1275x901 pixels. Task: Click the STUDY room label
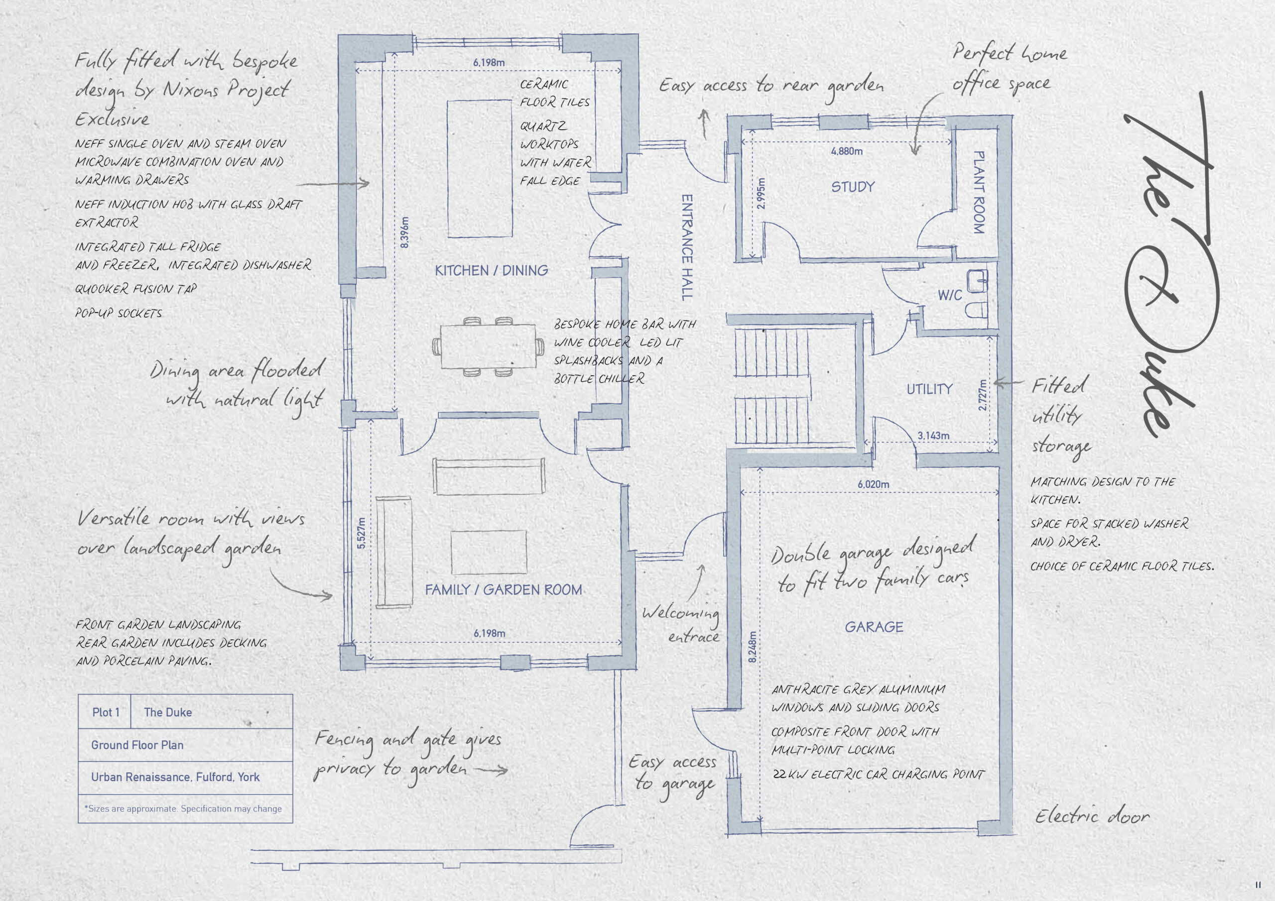pyautogui.click(x=852, y=187)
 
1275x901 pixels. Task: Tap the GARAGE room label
pyautogui.click(x=874, y=627)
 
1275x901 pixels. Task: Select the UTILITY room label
pyautogui.click(x=929, y=389)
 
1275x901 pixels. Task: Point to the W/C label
pyautogui.click(x=950, y=295)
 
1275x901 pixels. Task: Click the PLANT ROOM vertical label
pyautogui.click(x=979, y=192)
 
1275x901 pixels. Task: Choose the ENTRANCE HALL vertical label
pyautogui.click(x=687, y=247)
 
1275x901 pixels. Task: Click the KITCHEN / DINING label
pyautogui.click(x=492, y=270)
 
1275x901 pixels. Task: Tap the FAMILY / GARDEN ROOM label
pyautogui.click(x=504, y=589)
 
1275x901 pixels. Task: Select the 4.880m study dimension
pyautogui.click(x=847, y=151)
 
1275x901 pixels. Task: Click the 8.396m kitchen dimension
pyautogui.click(x=404, y=232)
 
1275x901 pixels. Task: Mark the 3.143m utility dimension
pyautogui.click(x=933, y=436)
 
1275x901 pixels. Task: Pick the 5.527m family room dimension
pyautogui.click(x=362, y=533)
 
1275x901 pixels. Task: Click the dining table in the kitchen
pyautogui.click(x=489, y=346)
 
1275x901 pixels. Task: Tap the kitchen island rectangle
pyautogui.click(x=480, y=168)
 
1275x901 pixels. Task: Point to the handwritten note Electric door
pyautogui.click(x=1092, y=815)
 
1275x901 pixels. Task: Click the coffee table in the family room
pyautogui.click(x=489, y=552)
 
